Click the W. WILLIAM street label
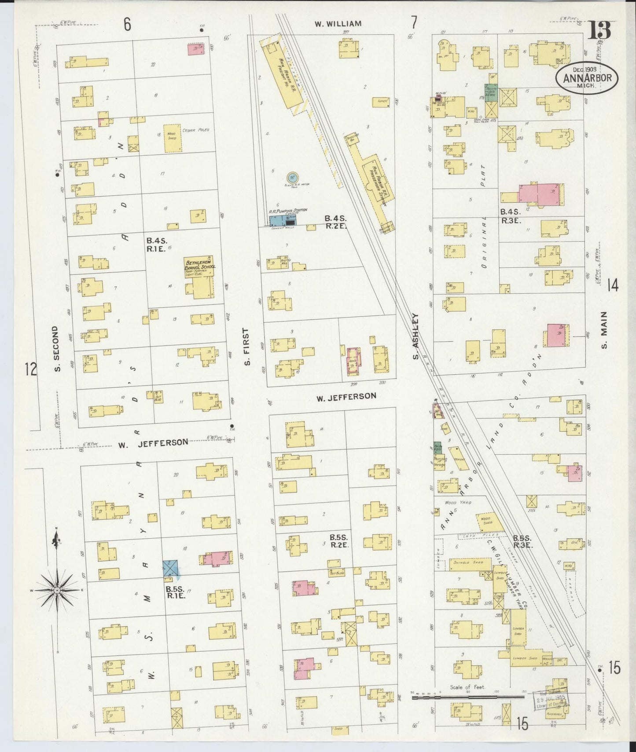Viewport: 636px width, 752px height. click(x=338, y=23)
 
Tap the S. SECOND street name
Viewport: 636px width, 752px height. click(x=56, y=348)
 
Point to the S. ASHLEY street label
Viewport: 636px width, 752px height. click(x=415, y=336)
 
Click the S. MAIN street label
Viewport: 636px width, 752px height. click(x=604, y=329)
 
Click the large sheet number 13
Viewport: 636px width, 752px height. click(x=600, y=31)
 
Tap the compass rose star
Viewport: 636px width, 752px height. click(x=57, y=589)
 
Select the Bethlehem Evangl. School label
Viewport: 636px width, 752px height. click(x=199, y=267)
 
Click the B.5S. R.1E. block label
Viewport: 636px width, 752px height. click(x=176, y=591)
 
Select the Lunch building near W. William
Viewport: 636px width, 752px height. click(x=381, y=102)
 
